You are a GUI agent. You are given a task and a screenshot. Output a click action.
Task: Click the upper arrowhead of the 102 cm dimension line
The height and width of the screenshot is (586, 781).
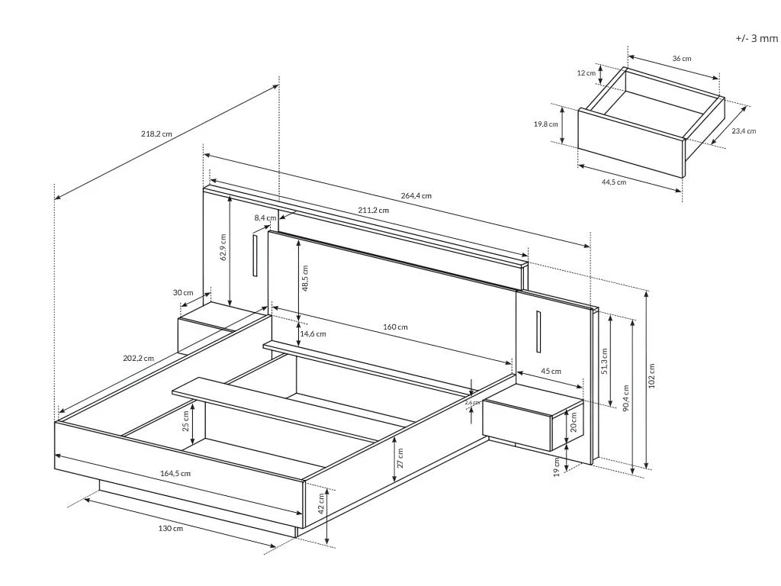(647, 292)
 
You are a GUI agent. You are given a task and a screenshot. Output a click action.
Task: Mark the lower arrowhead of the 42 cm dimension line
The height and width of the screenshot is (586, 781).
(326, 543)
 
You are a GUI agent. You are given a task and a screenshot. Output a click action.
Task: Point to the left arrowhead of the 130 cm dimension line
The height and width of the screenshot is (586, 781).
(85, 498)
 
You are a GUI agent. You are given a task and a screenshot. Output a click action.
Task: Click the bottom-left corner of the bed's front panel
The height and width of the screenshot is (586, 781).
(55, 468)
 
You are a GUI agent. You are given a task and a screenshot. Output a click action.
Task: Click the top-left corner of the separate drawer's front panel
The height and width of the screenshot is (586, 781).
(579, 109)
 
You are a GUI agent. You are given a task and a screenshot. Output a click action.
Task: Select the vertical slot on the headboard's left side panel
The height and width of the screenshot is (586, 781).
(255, 256)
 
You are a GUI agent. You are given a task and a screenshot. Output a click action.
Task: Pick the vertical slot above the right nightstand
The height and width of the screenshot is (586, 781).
(538, 331)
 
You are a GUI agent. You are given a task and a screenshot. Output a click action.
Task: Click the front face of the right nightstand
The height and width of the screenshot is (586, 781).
(516, 424)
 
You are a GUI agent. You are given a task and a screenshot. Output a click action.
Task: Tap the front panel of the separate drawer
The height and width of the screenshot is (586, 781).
(631, 143)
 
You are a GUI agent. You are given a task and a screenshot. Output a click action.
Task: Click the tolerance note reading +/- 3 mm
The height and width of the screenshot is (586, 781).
(756, 38)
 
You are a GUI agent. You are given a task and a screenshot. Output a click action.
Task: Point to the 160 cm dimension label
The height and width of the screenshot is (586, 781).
(395, 327)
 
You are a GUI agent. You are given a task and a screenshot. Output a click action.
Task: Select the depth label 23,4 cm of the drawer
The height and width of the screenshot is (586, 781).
(744, 131)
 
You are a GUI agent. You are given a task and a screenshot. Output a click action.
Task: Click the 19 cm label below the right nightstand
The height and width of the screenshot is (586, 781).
(557, 467)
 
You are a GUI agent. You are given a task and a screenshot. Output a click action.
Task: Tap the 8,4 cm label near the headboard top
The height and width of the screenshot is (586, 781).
(265, 217)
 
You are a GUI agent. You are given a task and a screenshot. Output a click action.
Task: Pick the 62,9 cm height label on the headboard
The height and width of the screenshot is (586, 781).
(223, 247)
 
